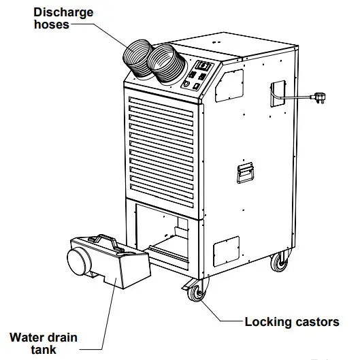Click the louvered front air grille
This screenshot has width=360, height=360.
(x=163, y=146)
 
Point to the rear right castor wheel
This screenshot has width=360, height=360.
(x=280, y=261)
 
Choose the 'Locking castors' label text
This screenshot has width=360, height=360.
(x=291, y=322)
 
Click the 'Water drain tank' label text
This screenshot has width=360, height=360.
(x=43, y=344)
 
